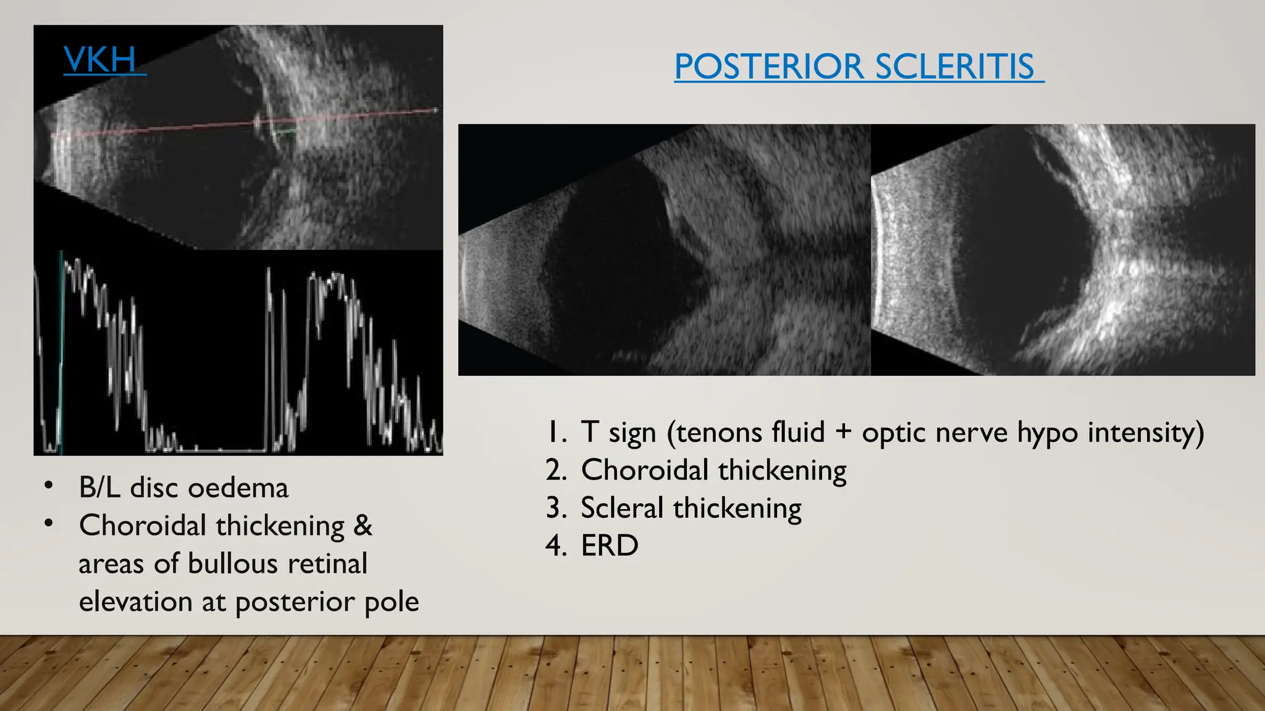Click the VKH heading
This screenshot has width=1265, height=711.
(101, 60)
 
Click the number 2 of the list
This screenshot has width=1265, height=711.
(555, 470)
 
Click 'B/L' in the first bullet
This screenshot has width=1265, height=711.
(99, 488)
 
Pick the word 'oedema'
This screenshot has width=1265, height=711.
(238, 488)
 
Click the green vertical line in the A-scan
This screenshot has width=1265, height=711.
(61, 352)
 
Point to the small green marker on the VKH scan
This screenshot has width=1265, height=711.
(284, 131)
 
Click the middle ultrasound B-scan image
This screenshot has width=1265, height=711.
(664, 250)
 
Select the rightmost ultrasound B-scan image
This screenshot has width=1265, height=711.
(1062, 250)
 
